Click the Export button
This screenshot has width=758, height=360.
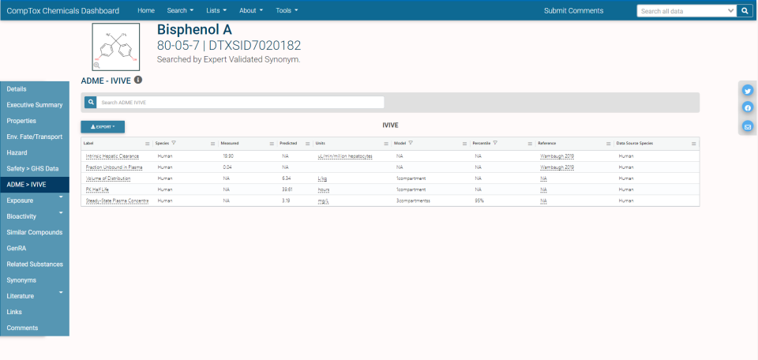pyautogui.click(x=103, y=126)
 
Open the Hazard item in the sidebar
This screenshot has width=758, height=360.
pyautogui.click(x=17, y=152)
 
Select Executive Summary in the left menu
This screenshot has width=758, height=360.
pyautogui.click(x=35, y=105)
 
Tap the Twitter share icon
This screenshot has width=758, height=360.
pyautogui.click(x=748, y=90)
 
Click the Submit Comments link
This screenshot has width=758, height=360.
pyautogui.click(x=573, y=11)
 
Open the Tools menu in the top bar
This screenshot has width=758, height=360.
pyautogui.click(x=287, y=11)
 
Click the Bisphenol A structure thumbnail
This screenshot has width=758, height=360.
pyautogui.click(x=115, y=47)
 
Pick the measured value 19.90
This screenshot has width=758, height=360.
pyautogui.click(x=228, y=156)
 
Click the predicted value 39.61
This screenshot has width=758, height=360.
pyautogui.click(x=287, y=189)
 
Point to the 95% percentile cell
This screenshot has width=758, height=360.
pyautogui.click(x=478, y=201)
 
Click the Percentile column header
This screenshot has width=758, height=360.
pyautogui.click(x=482, y=143)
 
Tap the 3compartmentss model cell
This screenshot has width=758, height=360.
pyautogui.click(x=414, y=201)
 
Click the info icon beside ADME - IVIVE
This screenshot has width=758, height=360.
pyautogui.click(x=138, y=81)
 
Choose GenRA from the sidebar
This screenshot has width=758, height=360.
pyautogui.click(x=17, y=249)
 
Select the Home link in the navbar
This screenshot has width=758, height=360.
pyautogui.click(x=146, y=11)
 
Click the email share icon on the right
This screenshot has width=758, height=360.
pyautogui.click(x=748, y=126)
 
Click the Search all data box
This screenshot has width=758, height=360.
pyautogui.click(x=685, y=11)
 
